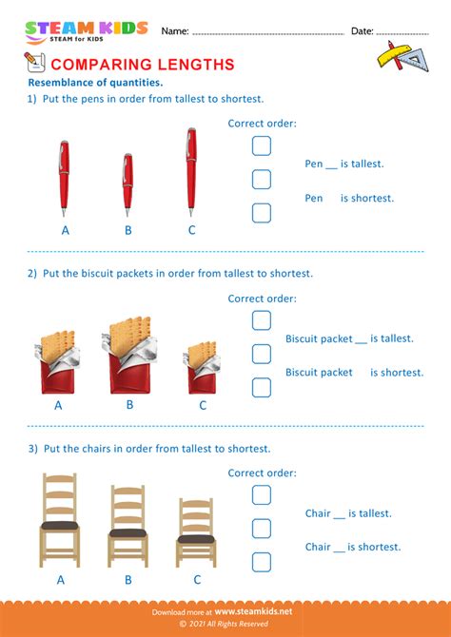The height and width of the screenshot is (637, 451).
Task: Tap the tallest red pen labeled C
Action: pyautogui.click(x=191, y=172)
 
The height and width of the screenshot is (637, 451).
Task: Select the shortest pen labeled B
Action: pyautogui.click(x=127, y=183)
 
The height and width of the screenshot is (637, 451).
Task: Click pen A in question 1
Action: pyautogui.click(x=65, y=178)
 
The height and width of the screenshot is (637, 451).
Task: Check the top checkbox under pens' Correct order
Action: pyautogui.click(x=262, y=145)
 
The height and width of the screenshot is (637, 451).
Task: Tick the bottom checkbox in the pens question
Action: pyautogui.click(x=262, y=213)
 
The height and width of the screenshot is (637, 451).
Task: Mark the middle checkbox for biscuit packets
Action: pyautogui.click(x=262, y=354)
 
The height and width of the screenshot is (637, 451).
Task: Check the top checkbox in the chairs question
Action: pyautogui.click(x=262, y=495)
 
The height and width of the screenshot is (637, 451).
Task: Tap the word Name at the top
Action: pyautogui.click(x=174, y=31)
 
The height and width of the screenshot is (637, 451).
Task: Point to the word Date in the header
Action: pyautogui.click(x=362, y=31)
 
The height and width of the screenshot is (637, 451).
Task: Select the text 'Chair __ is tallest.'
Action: pyautogui.click(x=347, y=513)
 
